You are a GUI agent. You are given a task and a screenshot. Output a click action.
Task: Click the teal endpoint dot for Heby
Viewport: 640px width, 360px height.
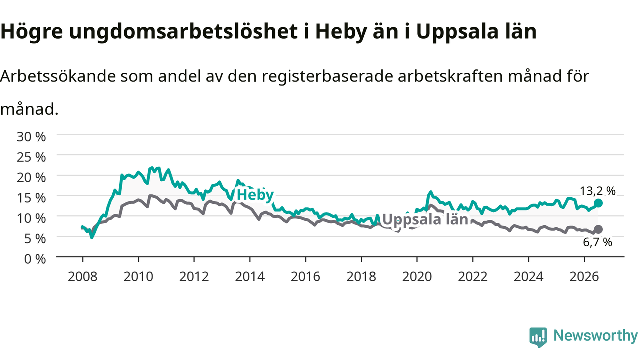[x=598, y=203]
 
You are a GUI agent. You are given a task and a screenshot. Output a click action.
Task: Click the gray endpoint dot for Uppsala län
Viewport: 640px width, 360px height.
[x=598, y=229]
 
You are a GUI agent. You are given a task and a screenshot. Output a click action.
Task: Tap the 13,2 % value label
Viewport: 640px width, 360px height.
[x=597, y=191]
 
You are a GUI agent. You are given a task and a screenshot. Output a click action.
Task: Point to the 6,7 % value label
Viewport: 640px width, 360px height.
[x=597, y=242]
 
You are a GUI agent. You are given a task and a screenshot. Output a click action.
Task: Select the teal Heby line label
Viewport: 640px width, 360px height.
[x=255, y=195]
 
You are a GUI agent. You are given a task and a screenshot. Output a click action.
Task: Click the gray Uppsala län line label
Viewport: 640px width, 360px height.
[x=425, y=219]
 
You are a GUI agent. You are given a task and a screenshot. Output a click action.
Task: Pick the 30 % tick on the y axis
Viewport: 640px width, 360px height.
[x=31, y=137]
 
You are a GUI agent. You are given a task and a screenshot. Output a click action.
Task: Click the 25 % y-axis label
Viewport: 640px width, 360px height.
[x=31, y=157]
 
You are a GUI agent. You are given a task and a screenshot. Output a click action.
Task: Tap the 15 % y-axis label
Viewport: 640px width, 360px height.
[x=31, y=198]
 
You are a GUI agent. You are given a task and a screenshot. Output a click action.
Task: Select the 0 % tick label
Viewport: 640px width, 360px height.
[x=35, y=259]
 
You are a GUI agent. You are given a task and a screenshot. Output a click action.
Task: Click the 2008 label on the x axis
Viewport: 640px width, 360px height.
[x=83, y=277]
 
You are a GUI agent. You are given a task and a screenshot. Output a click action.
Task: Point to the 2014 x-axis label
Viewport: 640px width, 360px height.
[x=250, y=277]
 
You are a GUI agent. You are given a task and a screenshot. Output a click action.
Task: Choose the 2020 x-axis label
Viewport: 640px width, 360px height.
[x=417, y=277]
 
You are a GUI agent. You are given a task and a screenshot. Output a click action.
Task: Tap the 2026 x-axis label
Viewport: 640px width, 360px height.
[x=584, y=277]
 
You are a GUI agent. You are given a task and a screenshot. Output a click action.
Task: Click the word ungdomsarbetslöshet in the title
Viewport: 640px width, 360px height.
[x=183, y=32]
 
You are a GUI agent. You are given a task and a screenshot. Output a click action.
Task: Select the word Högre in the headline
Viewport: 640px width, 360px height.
[x=31, y=32]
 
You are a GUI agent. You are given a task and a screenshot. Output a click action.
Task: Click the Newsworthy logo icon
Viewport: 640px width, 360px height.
[x=538, y=337]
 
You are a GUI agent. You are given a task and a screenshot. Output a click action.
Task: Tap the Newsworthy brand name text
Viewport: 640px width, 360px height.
[x=596, y=336]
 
